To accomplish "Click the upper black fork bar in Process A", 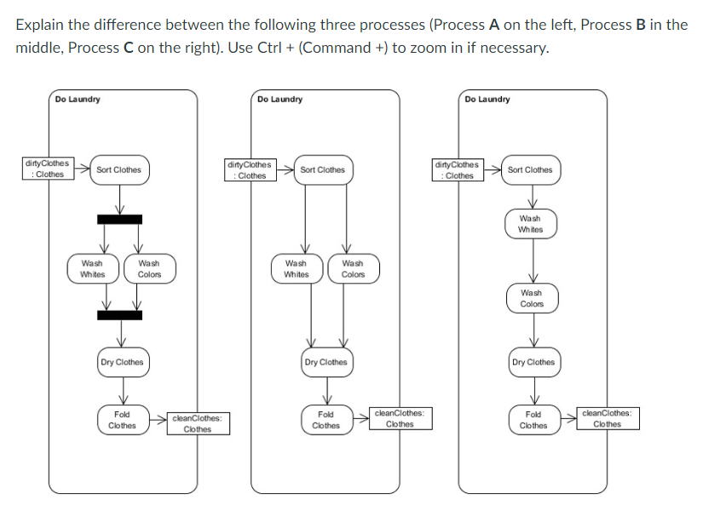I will click(119, 219).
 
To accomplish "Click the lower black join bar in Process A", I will click(119, 315).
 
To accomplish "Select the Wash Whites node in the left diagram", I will click(92, 269).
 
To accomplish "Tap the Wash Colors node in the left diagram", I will click(149, 269).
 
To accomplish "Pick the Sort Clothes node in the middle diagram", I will click(322, 170).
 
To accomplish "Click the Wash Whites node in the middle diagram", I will click(296, 269).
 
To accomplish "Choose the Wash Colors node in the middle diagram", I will click(353, 269).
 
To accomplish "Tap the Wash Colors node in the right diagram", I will click(532, 298).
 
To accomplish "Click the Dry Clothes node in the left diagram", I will click(122, 362).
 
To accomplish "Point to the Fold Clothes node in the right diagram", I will click(533, 420).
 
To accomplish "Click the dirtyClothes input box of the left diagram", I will click(49, 169).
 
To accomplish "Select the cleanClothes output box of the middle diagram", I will click(399, 418).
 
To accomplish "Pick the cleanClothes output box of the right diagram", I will click(607, 418).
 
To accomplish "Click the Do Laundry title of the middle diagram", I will click(279, 100).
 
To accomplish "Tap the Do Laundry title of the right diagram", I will click(487, 100).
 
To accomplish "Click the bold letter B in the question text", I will click(641, 24).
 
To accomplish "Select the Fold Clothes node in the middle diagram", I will click(326, 420).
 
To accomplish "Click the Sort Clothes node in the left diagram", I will click(118, 170).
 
